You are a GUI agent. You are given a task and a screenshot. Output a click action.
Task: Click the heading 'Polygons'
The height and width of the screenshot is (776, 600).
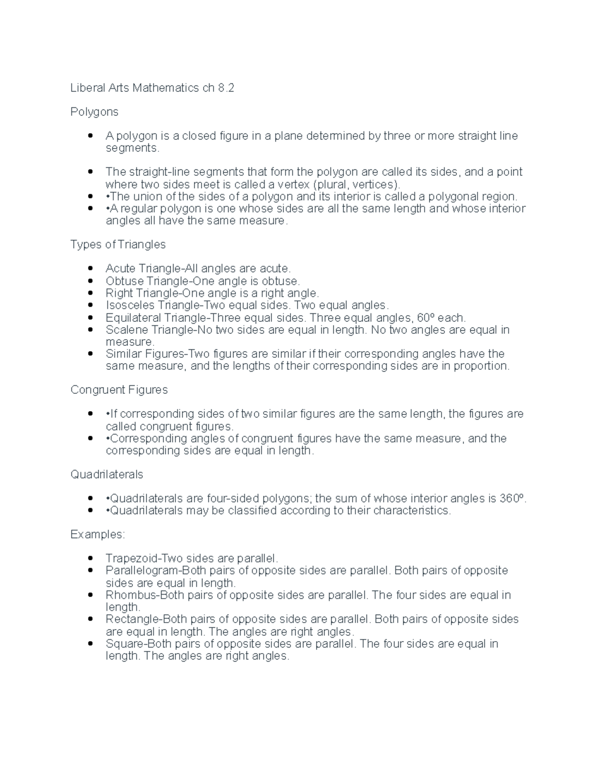pos(94,112)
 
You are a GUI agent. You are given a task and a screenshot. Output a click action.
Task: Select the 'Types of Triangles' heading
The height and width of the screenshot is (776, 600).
pos(117,245)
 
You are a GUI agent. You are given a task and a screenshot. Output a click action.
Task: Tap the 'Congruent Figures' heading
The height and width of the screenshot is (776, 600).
pos(119,390)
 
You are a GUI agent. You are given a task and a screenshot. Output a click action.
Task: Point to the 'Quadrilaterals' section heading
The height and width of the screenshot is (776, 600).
pos(106,475)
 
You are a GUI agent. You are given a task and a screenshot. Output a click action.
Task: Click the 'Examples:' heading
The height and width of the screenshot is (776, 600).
pos(97,535)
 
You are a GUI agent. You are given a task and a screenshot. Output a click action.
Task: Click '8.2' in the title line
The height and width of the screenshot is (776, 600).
pos(225,88)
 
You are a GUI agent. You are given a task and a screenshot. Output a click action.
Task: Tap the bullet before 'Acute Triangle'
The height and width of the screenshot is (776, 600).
pos(90,269)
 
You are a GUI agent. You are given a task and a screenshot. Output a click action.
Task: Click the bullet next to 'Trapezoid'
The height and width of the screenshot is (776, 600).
pos(90,559)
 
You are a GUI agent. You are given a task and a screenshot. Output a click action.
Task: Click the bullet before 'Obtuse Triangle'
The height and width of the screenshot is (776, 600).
pos(90,281)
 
